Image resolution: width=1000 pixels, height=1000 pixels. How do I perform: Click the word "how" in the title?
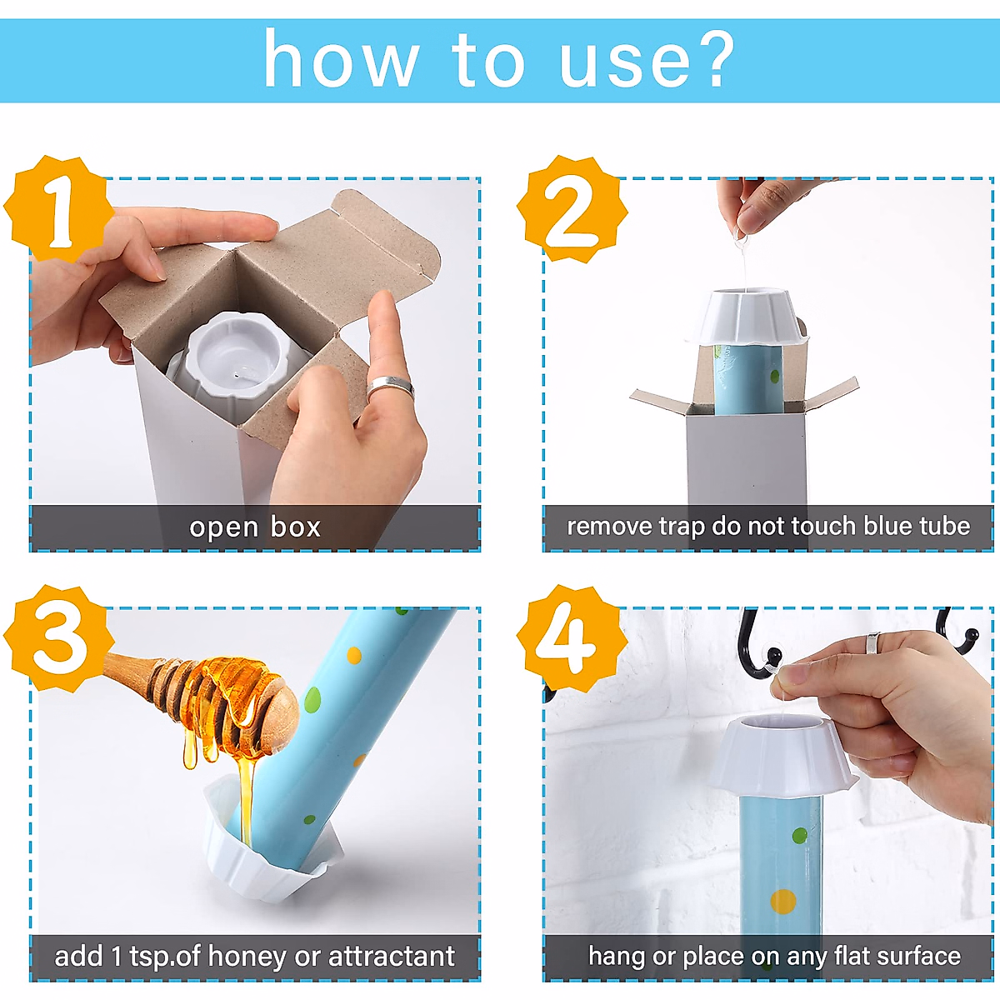tap(341, 60)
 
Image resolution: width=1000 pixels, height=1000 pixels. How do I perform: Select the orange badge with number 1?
tap(58, 208)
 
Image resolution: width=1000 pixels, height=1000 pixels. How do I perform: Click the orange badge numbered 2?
tap(572, 208)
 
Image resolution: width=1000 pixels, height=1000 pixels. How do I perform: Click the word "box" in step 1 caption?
tap(295, 527)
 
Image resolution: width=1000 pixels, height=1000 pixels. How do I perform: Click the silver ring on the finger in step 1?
tap(390, 387)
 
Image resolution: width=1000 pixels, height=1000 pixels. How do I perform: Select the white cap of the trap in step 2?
tap(746, 317)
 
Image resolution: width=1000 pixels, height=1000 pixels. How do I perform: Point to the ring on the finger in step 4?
tap(872, 643)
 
